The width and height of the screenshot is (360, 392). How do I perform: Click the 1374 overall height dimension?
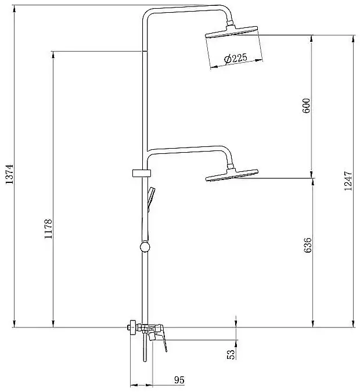pos(9,174)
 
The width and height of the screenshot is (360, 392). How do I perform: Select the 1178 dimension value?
pos(48,228)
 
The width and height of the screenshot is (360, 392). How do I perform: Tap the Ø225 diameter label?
pos(236,59)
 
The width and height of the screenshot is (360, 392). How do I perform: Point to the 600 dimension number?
pos(306,106)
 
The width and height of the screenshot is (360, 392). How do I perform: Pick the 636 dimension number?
pos(308,245)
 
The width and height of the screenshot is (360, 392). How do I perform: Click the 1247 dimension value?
pos(348,181)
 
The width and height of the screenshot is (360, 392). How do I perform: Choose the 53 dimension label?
pos(231,354)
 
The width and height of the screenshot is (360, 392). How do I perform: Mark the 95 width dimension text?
pos(179,380)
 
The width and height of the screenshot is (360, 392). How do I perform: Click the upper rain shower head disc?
pos(231,32)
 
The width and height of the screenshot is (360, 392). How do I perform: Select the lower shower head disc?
pos(232,175)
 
